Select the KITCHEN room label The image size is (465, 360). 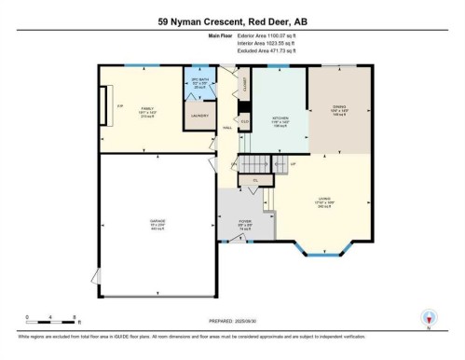click(x=280, y=118)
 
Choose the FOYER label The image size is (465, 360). click(x=244, y=223)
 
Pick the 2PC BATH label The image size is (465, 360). click(x=198, y=84)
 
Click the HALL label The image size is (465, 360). click(x=226, y=128)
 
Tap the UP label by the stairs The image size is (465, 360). click(x=294, y=164)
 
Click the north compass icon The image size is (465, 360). click(x=429, y=317)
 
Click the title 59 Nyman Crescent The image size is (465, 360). click(x=232, y=21)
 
